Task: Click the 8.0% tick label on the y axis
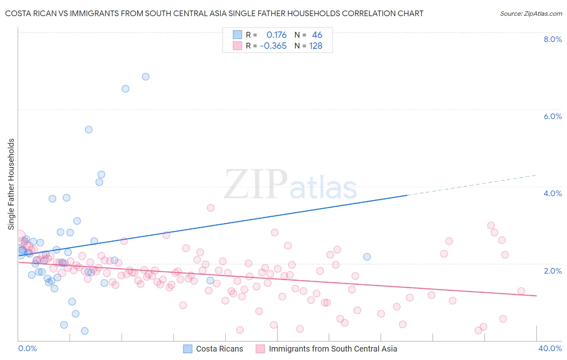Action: tap(552, 39)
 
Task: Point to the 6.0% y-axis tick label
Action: tap(552, 116)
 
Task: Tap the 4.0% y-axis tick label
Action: tap(552, 193)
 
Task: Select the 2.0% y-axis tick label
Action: tap(552, 271)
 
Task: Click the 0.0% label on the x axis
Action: tap(27, 348)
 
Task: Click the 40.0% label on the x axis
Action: tap(550, 348)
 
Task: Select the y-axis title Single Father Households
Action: tap(11, 184)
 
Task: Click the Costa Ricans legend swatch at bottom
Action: tap(188, 349)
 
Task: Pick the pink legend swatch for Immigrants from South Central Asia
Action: tap(261, 349)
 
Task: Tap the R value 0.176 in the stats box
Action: tap(276, 35)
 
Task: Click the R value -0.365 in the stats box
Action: tap(273, 46)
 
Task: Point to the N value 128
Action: tap(315, 46)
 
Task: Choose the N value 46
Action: tap(317, 35)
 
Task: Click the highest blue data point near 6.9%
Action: tap(146, 77)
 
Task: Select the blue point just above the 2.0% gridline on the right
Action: tap(367, 257)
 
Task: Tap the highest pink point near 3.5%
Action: tap(211, 208)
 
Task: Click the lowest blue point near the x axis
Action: tap(85, 331)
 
